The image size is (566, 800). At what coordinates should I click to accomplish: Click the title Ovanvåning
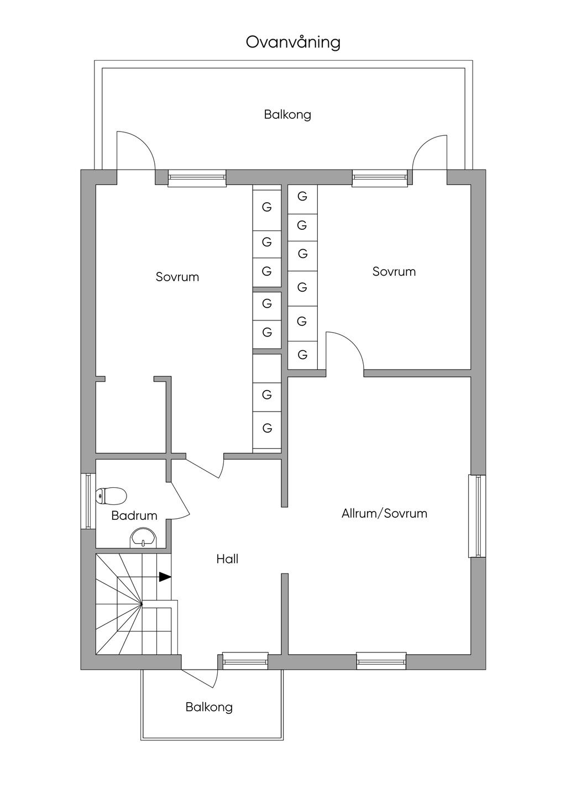(x=293, y=43)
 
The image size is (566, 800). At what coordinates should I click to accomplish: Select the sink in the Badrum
(x=144, y=537)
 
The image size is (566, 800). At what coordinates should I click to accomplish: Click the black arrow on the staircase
(x=165, y=577)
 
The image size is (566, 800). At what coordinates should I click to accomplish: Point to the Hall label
(x=227, y=559)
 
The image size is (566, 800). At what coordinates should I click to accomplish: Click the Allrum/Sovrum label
(x=384, y=513)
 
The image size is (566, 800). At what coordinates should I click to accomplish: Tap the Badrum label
(x=134, y=515)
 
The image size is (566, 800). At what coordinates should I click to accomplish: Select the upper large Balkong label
(x=287, y=115)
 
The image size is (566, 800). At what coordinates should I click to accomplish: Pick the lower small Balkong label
(x=209, y=707)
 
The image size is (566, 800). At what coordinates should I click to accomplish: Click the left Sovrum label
(x=177, y=277)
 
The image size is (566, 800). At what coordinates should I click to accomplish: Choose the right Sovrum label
(x=394, y=271)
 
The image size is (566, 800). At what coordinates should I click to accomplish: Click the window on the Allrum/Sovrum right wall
(x=477, y=515)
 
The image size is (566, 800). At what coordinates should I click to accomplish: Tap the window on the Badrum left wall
(x=88, y=501)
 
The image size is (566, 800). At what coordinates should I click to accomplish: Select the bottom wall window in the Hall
(x=245, y=661)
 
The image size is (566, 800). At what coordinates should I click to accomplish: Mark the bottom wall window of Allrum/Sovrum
(x=381, y=661)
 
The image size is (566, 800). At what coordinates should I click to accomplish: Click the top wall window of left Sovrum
(x=197, y=177)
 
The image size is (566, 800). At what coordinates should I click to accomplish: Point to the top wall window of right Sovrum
(x=380, y=177)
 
